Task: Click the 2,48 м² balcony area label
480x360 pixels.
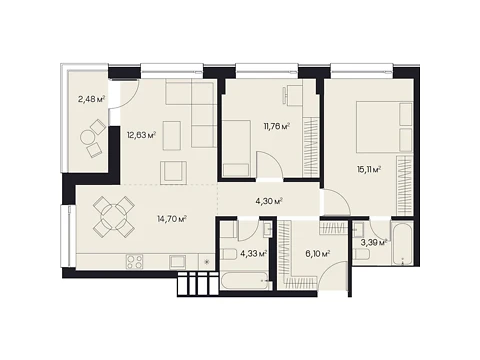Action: click(x=92, y=99)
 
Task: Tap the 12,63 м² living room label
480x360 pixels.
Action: click(x=141, y=135)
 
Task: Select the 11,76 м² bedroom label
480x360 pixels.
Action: click(x=276, y=126)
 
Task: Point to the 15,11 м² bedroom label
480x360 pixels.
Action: click(x=369, y=170)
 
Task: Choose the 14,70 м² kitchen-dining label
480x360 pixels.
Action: click(x=172, y=219)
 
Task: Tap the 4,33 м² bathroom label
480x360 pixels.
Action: click(x=254, y=254)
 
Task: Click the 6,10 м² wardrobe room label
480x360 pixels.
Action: click(x=318, y=254)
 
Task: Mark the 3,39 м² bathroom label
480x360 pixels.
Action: click(x=374, y=242)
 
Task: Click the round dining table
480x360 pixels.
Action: click(x=114, y=217)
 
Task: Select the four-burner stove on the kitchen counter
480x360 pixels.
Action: click(x=135, y=262)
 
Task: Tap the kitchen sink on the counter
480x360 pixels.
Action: click(x=178, y=262)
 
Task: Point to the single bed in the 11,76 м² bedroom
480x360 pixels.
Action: click(x=236, y=148)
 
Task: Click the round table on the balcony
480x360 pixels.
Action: click(x=88, y=137)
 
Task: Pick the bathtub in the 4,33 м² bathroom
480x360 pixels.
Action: click(x=245, y=281)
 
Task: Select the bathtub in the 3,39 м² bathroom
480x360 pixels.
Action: click(x=403, y=242)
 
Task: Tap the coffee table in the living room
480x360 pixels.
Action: click(x=172, y=135)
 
